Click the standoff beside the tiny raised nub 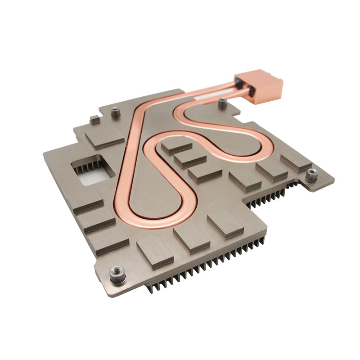pos(116,113)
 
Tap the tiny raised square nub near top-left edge pos(94,119)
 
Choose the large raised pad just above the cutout pos(104,136)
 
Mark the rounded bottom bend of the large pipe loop pos(157,220)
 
